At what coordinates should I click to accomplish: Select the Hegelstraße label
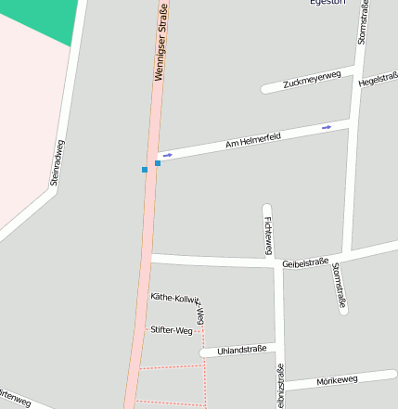[378, 81]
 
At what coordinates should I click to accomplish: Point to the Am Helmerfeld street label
[253, 141]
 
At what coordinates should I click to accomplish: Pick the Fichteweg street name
[268, 235]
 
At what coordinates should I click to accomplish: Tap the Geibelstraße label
[304, 262]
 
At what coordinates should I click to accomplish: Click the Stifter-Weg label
[171, 329]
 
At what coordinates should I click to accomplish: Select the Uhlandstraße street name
[241, 350]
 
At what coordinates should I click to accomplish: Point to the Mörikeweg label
[337, 379]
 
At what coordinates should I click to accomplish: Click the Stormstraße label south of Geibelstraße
[340, 285]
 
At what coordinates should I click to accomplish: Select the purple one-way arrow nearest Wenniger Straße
[168, 155]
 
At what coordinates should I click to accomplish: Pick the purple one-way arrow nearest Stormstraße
[327, 126]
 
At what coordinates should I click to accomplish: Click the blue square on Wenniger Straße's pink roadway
[145, 170]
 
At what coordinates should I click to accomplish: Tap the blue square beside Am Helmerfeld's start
[158, 163]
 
